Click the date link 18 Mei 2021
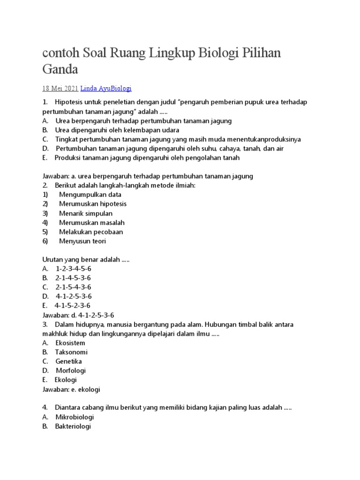[x=60, y=88]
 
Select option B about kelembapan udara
[x=117, y=130]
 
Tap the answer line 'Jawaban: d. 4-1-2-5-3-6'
[x=78, y=315]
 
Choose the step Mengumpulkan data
[x=90, y=195]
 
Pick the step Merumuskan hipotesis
[x=93, y=204]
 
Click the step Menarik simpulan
[x=86, y=213]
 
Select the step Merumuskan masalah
[x=92, y=223]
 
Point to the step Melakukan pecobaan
[x=90, y=232]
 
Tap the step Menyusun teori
[x=82, y=241]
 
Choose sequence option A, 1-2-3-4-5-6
[x=73, y=269]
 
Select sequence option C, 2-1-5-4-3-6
[x=73, y=287]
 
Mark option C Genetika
[x=68, y=361]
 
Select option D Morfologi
[x=70, y=371]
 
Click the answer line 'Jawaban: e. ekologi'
[x=71, y=389]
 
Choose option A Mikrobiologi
[x=75, y=417]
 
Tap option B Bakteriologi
[x=73, y=426]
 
